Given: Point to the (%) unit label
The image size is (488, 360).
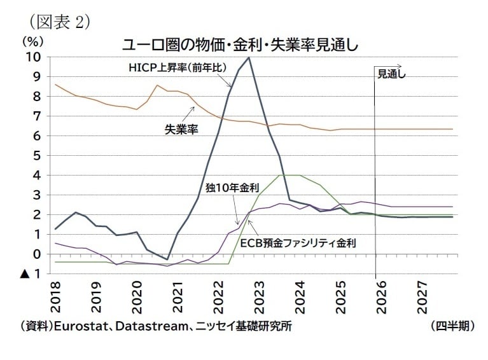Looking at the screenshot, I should click(x=32, y=41).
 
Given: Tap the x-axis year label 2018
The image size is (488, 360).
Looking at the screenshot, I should click(x=55, y=294).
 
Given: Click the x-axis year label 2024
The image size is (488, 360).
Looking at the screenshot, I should click(x=301, y=294).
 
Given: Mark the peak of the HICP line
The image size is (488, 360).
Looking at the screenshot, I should click(x=249, y=57).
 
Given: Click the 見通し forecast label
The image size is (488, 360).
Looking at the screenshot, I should click(x=391, y=74).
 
